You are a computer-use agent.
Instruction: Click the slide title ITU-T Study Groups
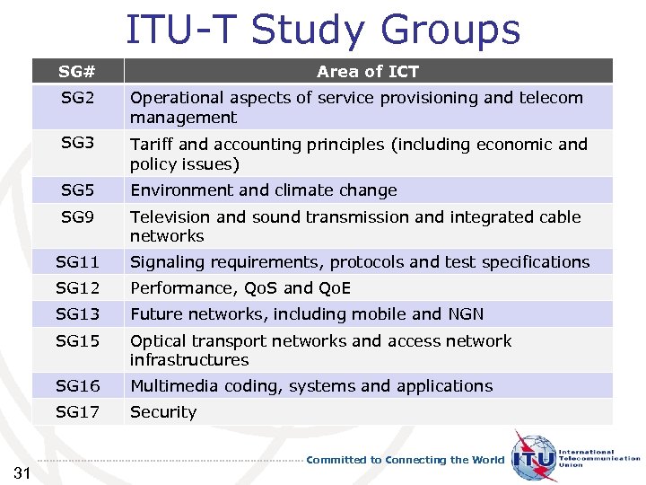point(323,29)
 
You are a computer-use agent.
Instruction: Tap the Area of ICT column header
point(368,72)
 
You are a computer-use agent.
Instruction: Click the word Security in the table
point(163,412)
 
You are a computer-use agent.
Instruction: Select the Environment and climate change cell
point(264,190)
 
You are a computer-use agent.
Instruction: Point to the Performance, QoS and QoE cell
point(240,288)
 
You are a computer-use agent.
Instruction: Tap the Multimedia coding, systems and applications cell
point(311,386)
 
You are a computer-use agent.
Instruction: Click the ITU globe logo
point(534,458)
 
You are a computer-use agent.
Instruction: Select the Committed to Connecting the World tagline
point(406,460)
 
